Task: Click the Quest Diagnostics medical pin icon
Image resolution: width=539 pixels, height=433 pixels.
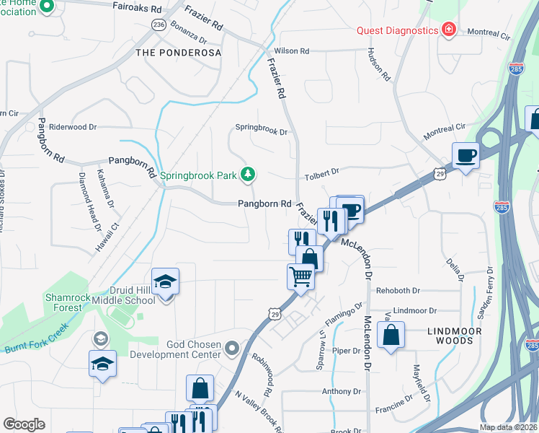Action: pos(449,30)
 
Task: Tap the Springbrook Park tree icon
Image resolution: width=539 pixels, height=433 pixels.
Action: pos(248,174)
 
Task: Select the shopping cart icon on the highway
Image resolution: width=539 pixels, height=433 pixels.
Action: pos(300,275)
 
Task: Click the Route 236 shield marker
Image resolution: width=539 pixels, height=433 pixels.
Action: pos(159,25)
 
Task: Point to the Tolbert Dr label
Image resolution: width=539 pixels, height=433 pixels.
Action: pos(321,172)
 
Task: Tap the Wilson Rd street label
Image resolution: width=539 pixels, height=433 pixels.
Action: pos(291,51)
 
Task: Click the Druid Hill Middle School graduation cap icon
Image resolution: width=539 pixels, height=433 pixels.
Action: pos(165,281)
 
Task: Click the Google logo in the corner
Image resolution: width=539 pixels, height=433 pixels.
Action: pos(24,424)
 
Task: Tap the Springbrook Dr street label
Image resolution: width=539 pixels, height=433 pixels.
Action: pos(262,132)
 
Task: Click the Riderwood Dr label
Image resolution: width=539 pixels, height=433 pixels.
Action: pos(73,127)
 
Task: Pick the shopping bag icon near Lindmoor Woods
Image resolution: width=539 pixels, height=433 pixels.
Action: pos(391,335)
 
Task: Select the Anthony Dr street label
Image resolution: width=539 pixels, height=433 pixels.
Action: pos(339,392)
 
